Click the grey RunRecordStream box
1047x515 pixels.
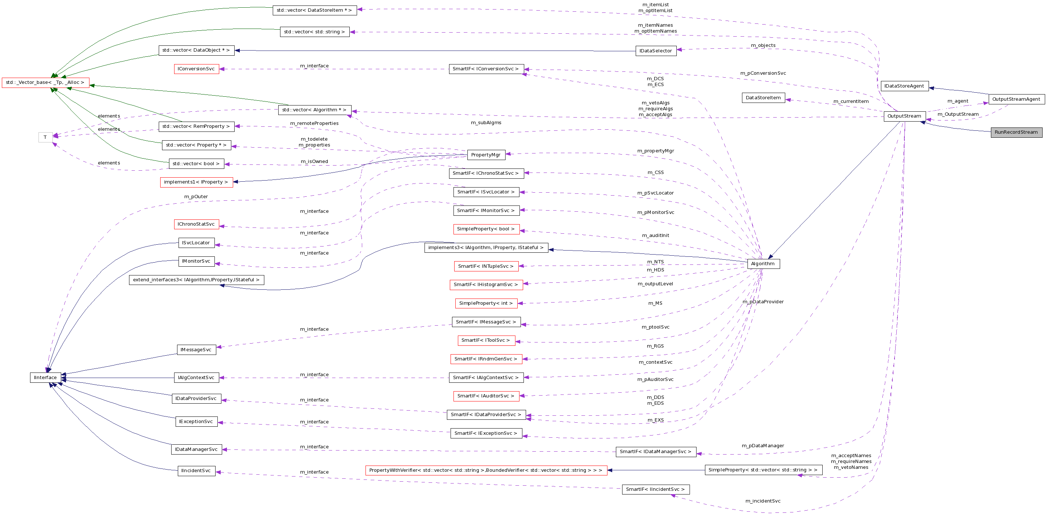point(1016,132)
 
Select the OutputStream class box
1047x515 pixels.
point(904,116)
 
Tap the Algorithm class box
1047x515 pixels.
point(763,264)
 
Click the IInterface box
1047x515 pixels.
point(45,377)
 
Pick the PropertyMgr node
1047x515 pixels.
point(486,155)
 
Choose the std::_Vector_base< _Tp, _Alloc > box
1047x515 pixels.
point(45,82)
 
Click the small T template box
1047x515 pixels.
point(45,137)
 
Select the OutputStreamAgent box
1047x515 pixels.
point(1016,99)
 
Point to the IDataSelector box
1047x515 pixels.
point(655,51)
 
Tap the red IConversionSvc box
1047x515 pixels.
point(196,69)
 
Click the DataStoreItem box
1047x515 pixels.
point(763,98)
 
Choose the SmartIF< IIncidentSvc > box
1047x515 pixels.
point(655,489)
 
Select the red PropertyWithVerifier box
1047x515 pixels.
point(486,470)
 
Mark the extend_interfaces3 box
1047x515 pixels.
point(196,280)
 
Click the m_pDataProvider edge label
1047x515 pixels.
point(763,302)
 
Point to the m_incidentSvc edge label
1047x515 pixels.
point(763,501)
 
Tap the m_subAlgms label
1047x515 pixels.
point(486,123)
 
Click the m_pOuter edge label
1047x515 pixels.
point(196,197)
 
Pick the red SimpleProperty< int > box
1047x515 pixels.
point(486,303)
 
